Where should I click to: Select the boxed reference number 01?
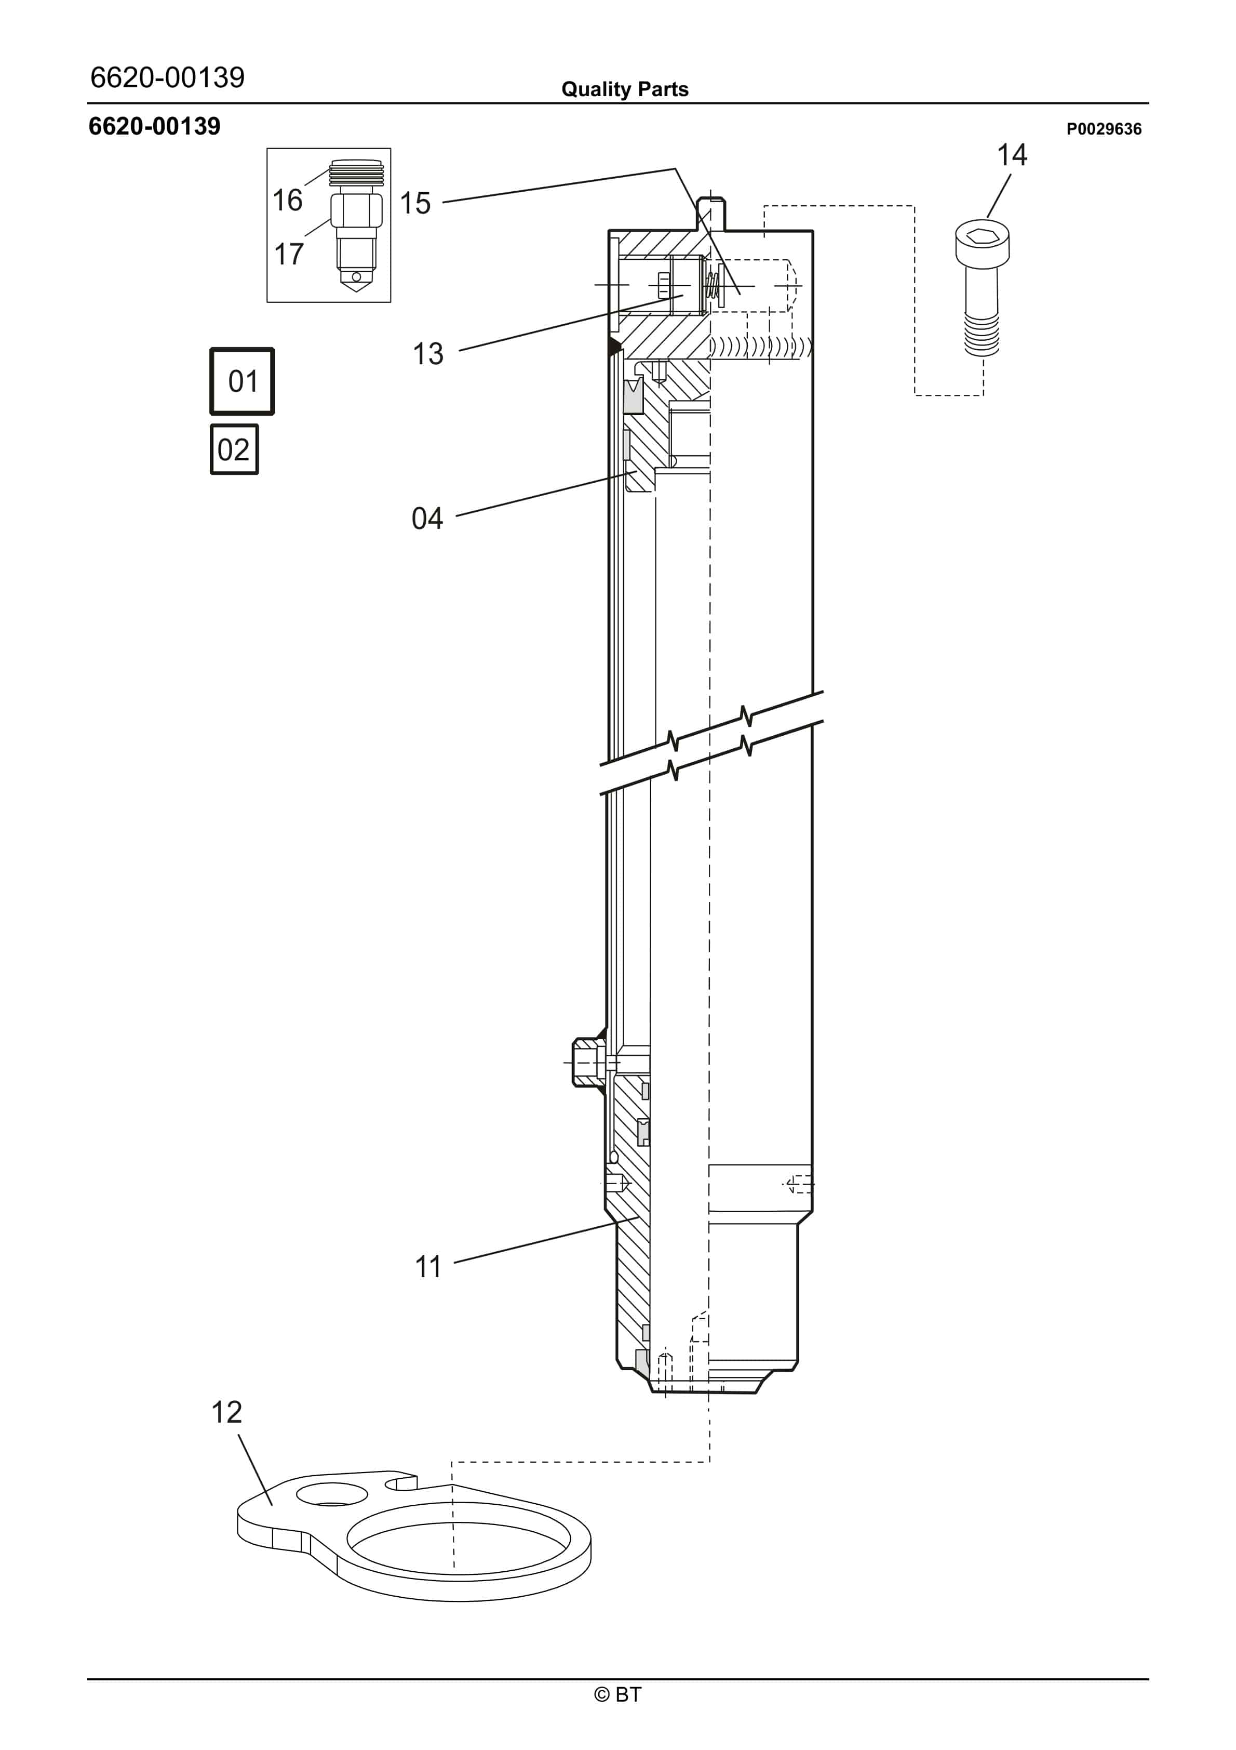243,381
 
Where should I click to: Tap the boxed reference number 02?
234,449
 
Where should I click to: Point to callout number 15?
415,204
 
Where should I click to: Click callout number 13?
427,354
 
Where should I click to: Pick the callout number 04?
427,519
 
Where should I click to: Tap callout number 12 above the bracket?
226,1412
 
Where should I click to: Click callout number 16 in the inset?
287,201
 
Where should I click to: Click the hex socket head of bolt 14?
982,240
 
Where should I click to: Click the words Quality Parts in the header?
624,89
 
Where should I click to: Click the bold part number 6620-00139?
155,127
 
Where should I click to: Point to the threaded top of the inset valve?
356,175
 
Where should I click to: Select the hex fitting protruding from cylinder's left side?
587,1062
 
